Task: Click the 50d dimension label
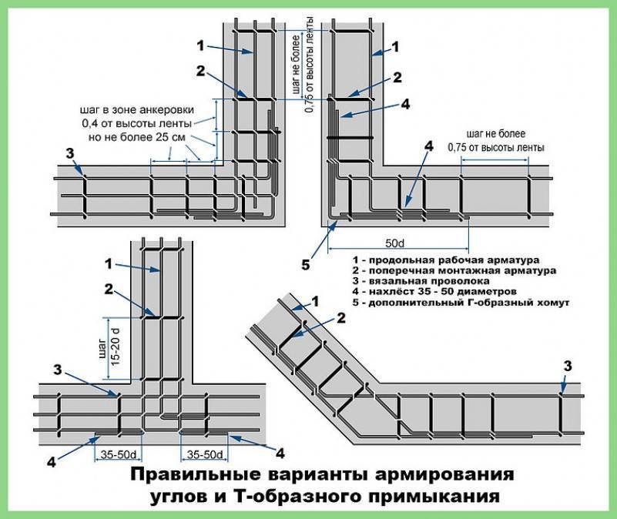(395, 243)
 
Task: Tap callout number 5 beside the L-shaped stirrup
(306, 266)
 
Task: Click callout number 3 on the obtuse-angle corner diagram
(568, 364)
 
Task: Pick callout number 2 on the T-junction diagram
(109, 289)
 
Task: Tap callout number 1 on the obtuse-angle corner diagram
(314, 300)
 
